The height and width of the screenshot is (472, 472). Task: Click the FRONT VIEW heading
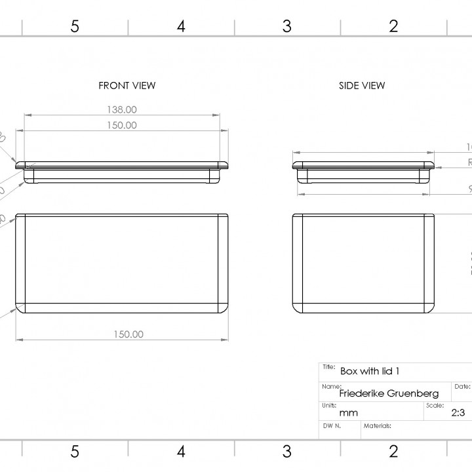point(127,85)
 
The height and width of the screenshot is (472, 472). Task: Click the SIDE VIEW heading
point(362,85)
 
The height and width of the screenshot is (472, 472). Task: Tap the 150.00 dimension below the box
point(128,334)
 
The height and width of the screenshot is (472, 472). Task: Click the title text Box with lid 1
point(370,371)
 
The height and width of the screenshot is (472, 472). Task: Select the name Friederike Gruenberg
point(389,393)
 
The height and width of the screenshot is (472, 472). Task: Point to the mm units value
point(348,413)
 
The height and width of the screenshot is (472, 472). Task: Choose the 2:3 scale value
point(458,413)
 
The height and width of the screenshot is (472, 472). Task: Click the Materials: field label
point(378,425)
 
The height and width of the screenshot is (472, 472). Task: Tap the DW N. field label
point(332,425)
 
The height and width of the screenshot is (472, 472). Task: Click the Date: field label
point(462,387)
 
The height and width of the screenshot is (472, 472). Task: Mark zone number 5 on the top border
point(75,26)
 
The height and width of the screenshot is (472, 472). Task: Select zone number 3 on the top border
point(286,26)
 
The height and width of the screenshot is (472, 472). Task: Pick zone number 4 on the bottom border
point(181,451)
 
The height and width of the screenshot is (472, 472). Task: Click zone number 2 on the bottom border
point(393,451)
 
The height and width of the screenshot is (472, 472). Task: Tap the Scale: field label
point(435,405)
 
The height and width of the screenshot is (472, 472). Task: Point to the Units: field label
point(329,405)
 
